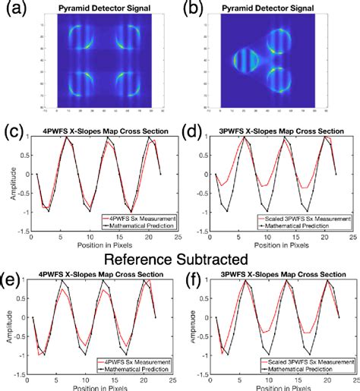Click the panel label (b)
pyautogui.click(x=192, y=9)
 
